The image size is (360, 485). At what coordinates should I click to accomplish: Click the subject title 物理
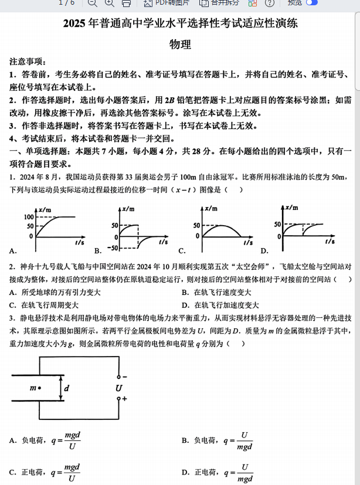click(x=180, y=45)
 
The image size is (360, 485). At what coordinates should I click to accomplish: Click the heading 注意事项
click(x=29, y=62)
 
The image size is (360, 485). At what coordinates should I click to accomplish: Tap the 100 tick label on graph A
click(x=29, y=217)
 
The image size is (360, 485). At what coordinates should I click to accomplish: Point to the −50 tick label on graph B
click(x=112, y=247)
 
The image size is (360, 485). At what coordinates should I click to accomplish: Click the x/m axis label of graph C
click(x=210, y=209)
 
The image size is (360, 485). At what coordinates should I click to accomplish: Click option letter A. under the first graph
click(x=13, y=251)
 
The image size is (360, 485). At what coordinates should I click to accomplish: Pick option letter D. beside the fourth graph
click(x=264, y=251)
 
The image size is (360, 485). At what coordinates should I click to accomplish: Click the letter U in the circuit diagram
click(x=118, y=388)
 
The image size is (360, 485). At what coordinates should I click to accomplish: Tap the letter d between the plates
click(x=67, y=388)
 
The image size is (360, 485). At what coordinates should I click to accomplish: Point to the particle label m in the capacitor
click(x=33, y=388)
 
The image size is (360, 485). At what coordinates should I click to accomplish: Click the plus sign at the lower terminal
click(x=124, y=399)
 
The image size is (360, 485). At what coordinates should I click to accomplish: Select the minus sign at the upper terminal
click(x=124, y=377)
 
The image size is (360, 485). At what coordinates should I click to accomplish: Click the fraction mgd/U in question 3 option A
click(x=72, y=440)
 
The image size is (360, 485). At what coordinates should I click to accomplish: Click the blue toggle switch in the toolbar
click(x=311, y=3)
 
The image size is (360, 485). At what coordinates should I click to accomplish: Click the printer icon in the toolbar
click(x=126, y=3)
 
